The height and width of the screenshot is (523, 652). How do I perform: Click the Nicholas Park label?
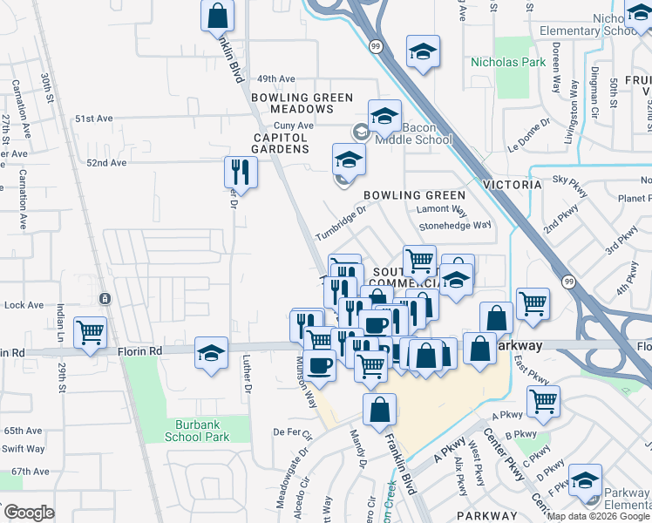507,63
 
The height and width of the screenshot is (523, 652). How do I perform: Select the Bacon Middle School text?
414,133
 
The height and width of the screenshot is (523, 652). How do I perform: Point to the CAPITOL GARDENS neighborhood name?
281,143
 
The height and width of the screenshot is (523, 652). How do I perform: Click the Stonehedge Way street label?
454,225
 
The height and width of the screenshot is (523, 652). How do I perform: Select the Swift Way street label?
24,449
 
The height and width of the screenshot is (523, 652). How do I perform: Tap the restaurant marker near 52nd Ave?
240,172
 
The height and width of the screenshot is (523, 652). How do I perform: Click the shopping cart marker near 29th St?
91,332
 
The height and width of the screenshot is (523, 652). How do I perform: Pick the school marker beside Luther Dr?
211,353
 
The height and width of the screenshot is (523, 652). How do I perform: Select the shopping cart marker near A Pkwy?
543,402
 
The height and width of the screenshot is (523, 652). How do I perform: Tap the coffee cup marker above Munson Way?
321,364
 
